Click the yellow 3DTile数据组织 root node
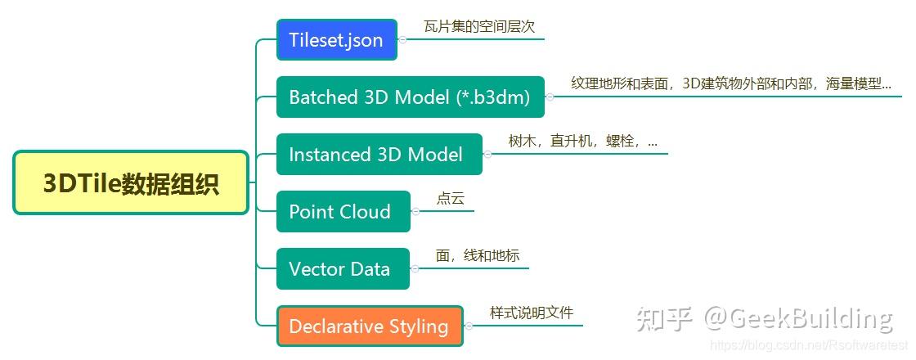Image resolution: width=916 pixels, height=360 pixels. [131, 183]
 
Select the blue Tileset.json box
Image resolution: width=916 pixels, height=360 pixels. [336, 40]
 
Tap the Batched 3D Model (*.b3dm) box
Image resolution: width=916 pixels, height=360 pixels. [410, 97]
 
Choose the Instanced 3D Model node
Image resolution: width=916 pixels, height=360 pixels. [379, 155]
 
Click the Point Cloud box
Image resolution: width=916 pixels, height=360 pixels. [343, 212]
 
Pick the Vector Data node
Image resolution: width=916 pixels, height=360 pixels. [343, 269]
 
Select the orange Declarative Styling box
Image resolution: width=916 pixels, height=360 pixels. [370, 326]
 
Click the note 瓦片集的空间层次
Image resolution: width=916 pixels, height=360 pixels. [479, 27]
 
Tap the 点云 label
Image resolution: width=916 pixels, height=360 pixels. [451, 198]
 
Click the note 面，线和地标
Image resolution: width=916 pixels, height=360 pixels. [478, 255]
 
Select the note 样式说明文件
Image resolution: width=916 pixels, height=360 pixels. [532, 313]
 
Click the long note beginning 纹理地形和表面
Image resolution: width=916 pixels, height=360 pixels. [731, 84]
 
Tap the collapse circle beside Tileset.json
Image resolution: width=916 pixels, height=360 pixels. [402, 40]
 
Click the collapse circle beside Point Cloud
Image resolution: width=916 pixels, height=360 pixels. [415, 212]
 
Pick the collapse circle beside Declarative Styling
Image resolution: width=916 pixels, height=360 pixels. [469, 326]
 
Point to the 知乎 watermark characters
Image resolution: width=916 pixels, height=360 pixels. [663, 319]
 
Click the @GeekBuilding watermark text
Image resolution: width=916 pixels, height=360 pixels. [798, 319]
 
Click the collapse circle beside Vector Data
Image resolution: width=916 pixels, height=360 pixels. [415, 269]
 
